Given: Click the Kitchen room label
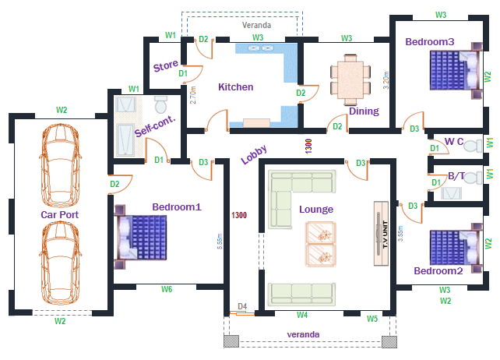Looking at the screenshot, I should [235, 87].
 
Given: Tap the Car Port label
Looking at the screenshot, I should [60, 214].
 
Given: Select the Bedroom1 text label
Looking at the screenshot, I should [177, 207].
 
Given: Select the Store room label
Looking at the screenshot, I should [165, 66].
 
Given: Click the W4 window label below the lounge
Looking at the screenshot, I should [302, 316].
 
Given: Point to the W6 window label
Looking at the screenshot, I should [167, 290].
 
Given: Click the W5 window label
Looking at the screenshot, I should [372, 319].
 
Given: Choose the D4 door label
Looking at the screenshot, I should [242, 307].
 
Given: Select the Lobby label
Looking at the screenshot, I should [254, 154].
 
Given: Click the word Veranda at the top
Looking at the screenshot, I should [257, 26].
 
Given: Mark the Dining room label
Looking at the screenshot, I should [364, 111].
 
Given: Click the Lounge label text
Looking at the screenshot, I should [316, 210].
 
